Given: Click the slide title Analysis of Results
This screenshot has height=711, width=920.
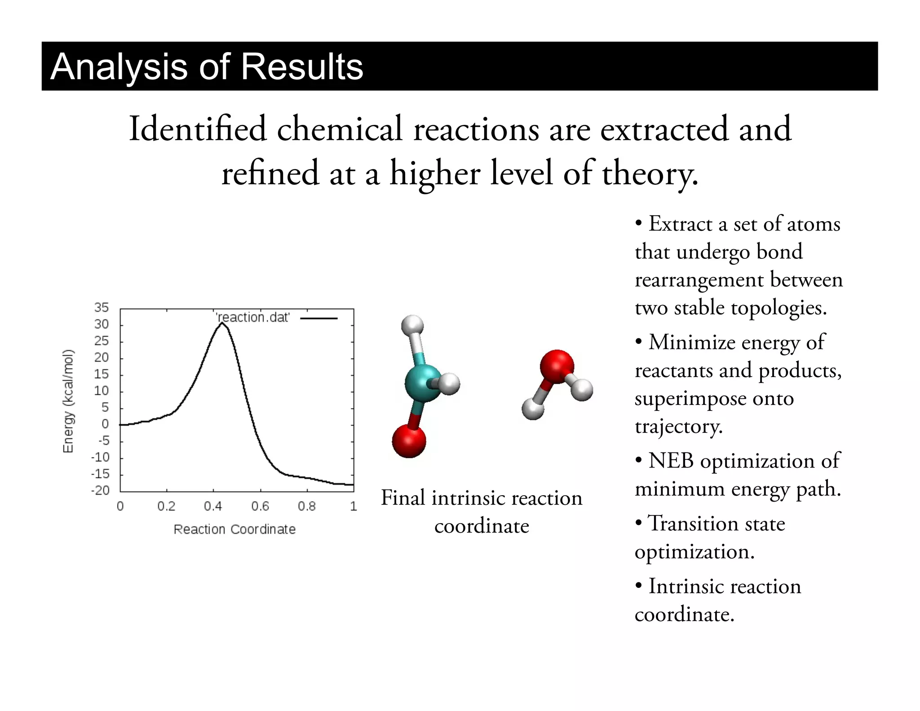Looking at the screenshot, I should click(x=207, y=67).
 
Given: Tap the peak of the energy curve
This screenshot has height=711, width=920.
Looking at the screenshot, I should click(x=221, y=323).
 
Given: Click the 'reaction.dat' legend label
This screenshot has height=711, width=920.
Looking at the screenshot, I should click(x=253, y=317).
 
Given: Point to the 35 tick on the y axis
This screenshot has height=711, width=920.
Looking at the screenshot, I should click(x=102, y=307).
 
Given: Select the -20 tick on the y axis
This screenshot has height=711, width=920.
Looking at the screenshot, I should click(x=100, y=490).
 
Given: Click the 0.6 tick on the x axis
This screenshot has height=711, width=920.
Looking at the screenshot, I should click(x=260, y=507).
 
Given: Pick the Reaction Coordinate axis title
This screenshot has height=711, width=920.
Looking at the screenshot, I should click(x=234, y=529).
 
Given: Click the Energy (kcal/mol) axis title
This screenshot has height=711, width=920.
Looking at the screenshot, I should click(x=68, y=401).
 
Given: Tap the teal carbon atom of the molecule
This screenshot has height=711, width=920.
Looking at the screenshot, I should click(x=422, y=382).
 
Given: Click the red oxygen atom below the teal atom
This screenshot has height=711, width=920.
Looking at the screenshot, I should click(x=409, y=441).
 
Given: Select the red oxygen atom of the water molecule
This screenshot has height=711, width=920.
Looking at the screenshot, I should click(x=557, y=366).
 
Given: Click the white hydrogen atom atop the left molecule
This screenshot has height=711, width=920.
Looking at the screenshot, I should click(x=412, y=325).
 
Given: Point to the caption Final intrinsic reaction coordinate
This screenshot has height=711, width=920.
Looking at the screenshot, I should click(x=482, y=511).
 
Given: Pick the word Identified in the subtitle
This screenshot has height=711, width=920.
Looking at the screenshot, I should click(x=198, y=129).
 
